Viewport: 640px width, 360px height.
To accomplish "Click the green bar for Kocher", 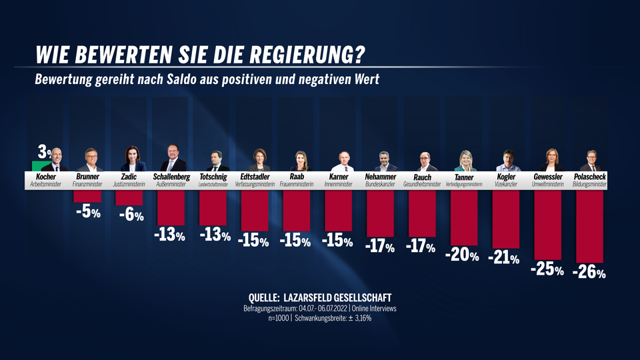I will tap(40, 166).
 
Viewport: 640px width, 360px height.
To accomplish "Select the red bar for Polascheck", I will tap(590, 227).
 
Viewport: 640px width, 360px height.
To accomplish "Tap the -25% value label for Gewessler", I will tap(547, 270).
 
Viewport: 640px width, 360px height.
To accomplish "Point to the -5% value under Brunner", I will tap(87, 213).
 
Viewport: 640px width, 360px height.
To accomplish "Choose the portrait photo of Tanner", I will tap(465, 161).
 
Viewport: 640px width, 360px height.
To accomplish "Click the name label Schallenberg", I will tap(172, 177).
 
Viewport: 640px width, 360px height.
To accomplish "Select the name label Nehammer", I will tap(381, 177).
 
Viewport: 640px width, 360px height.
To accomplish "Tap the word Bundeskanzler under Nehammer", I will tap(381, 185).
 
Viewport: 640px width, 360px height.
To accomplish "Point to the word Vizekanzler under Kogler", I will tap(506, 185).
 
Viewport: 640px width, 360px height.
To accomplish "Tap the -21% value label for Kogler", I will tap(505, 258).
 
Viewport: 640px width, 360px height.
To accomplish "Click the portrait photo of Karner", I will tap(343, 161).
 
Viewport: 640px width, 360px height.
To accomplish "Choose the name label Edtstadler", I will tap(255, 177).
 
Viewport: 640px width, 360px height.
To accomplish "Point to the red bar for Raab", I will tap(297, 211).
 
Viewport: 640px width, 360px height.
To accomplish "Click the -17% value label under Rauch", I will tap(421, 247).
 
